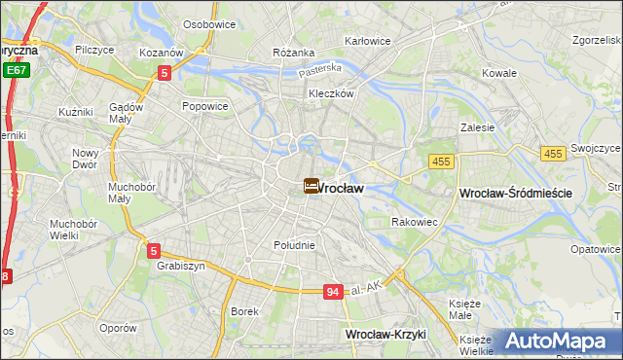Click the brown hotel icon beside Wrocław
(311, 185)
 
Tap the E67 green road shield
(15, 70)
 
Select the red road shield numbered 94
(333, 291)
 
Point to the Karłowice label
(368, 42)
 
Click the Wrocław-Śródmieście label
(514, 195)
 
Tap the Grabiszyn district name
(177, 264)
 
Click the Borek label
(244, 311)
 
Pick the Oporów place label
(118, 328)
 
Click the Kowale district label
(499, 73)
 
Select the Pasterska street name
(320, 69)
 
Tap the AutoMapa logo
(555, 341)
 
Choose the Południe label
(294, 245)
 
